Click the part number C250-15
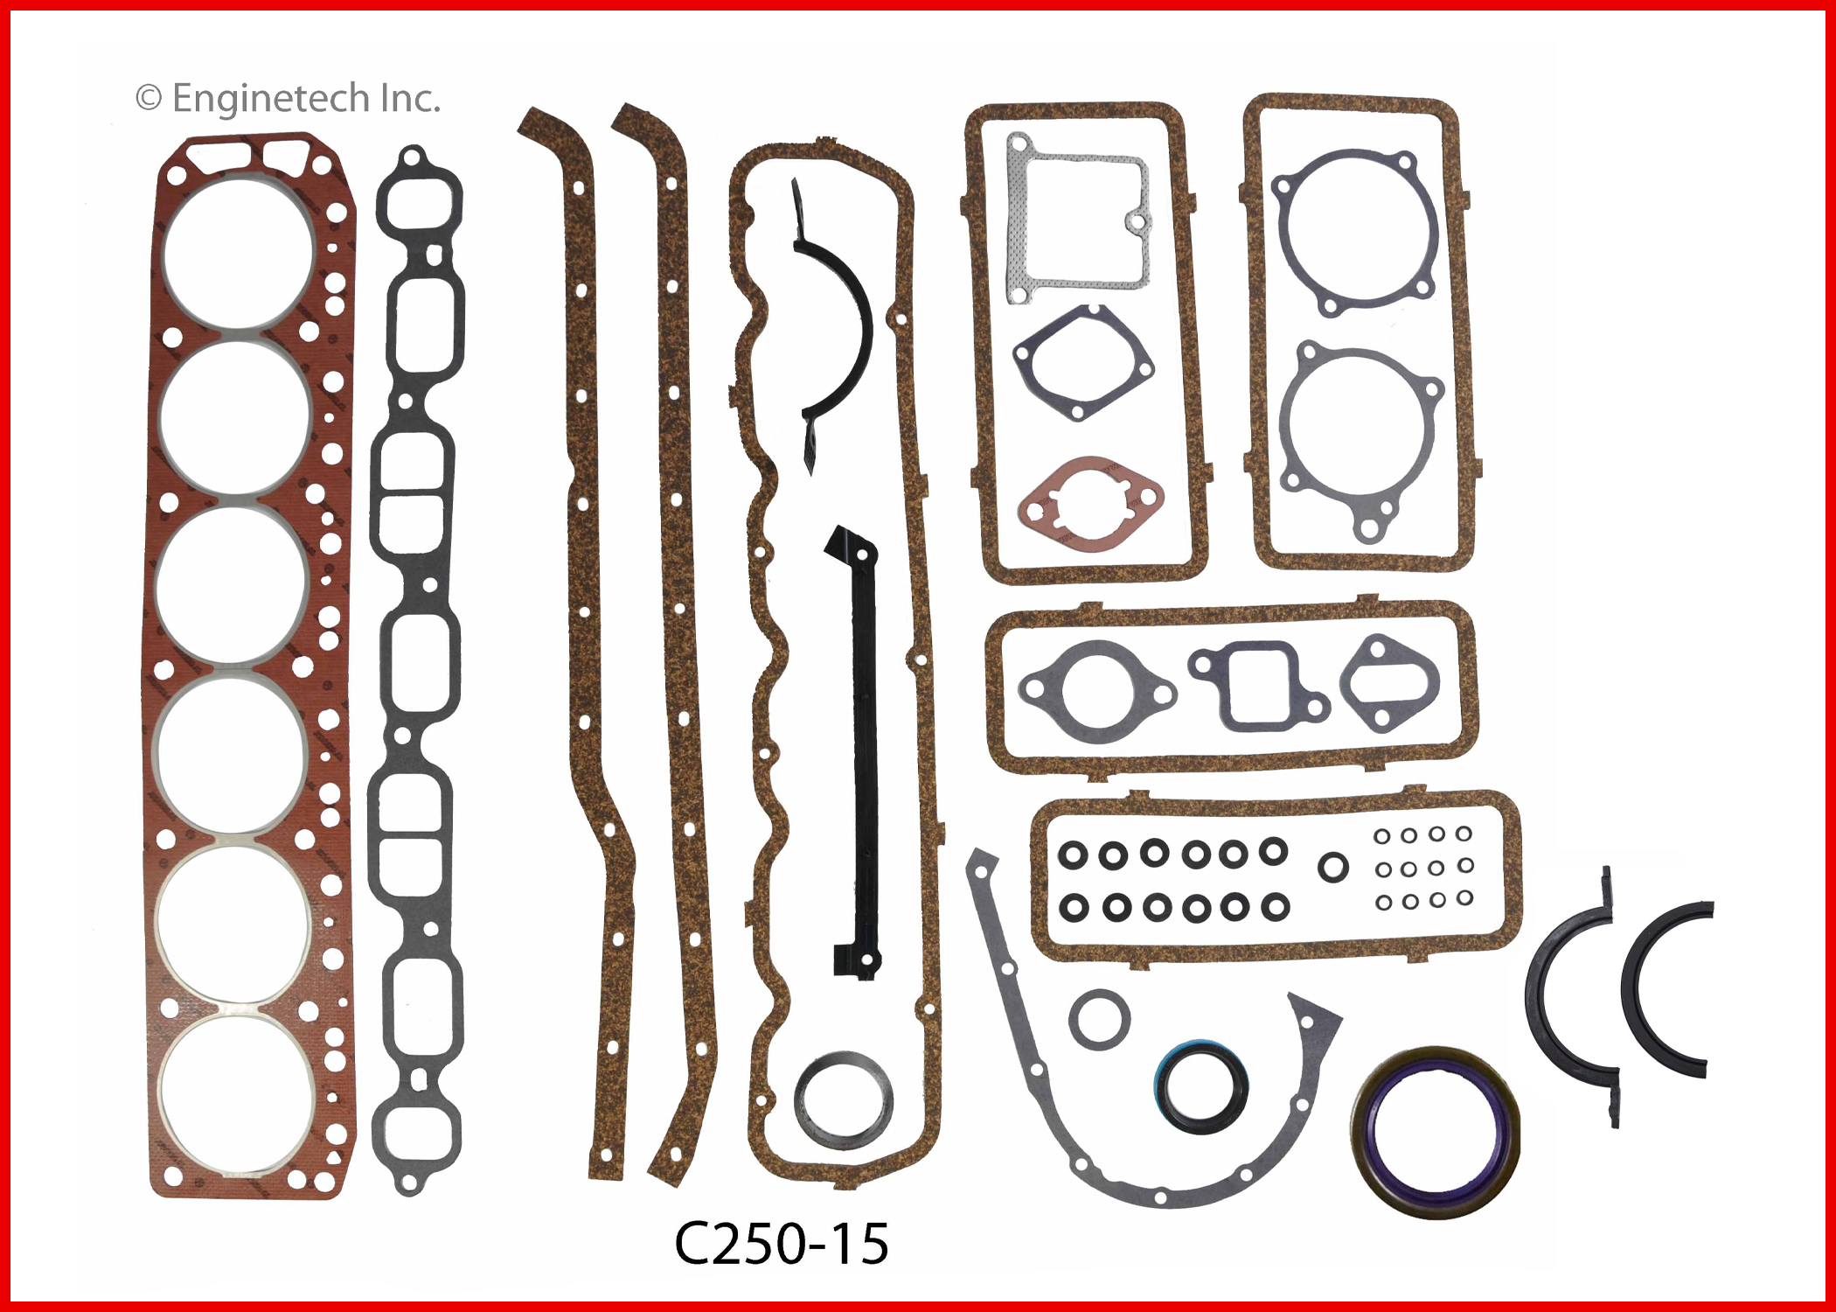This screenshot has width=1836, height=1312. point(781,1243)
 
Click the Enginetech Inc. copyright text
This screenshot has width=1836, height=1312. point(288,99)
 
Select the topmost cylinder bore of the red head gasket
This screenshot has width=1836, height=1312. point(237,255)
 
